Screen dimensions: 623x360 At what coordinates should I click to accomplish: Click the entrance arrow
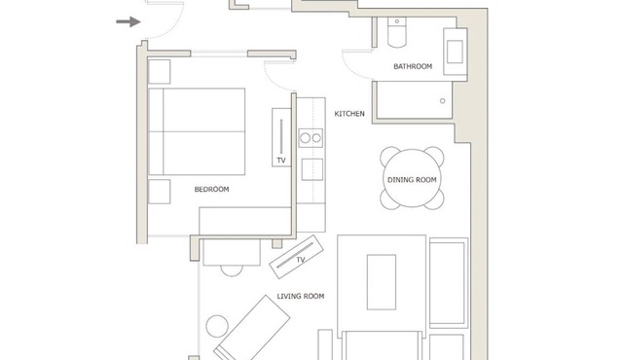click(x=128, y=21)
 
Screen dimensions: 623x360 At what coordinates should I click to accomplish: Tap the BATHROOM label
click(x=413, y=66)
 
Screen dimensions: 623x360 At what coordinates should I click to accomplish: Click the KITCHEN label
click(x=349, y=114)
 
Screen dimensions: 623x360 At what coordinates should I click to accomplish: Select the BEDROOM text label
click(x=212, y=190)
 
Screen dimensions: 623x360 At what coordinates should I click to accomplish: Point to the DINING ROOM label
click(x=412, y=179)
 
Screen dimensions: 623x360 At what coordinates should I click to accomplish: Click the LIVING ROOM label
click(x=301, y=296)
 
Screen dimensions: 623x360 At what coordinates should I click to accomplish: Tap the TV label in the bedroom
click(x=281, y=161)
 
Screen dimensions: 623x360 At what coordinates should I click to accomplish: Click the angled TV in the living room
click(x=296, y=257)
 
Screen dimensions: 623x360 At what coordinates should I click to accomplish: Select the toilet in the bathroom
click(x=396, y=32)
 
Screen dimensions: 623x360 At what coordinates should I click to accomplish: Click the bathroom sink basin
click(x=455, y=52)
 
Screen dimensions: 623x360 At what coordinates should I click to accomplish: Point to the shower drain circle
click(x=443, y=101)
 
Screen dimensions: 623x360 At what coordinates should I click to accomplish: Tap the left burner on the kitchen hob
click(x=305, y=138)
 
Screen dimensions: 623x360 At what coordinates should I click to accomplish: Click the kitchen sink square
click(x=311, y=169)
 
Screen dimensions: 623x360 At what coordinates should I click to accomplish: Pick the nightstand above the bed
click(x=159, y=72)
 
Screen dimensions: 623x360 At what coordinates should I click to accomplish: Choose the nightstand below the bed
click(x=159, y=192)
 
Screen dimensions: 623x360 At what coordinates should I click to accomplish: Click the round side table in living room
click(x=217, y=326)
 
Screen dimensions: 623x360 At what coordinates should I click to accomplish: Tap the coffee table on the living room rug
click(x=381, y=282)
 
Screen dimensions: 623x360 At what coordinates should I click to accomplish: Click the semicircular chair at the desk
click(x=232, y=270)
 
